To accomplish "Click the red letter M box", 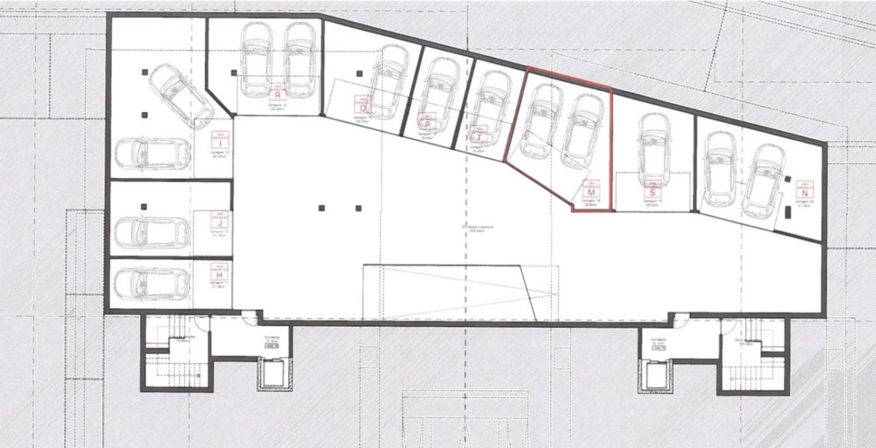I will pyautogui.click(x=589, y=192).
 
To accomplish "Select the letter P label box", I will pyautogui.click(x=427, y=124).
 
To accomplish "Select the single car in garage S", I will pyautogui.click(x=654, y=149).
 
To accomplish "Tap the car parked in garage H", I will pyautogui.click(x=152, y=283).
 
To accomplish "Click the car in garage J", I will pyautogui.click(x=152, y=232).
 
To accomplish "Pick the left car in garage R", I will pyautogui.click(x=255, y=60).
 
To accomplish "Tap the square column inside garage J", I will pyautogui.click(x=144, y=207).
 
